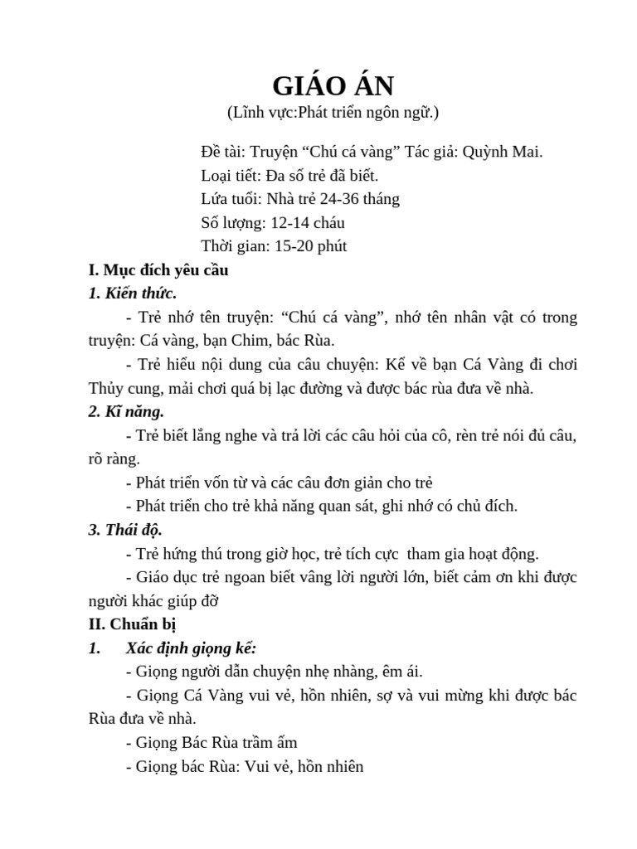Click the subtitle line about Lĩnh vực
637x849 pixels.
point(333,112)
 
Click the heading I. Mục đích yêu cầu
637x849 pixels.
point(158,270)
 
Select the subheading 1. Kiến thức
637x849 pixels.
point(132,294)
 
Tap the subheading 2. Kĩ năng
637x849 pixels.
point(126,411)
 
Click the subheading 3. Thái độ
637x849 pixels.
point(125,530)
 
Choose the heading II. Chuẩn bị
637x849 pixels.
point(132,624)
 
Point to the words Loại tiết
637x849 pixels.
point(228,176)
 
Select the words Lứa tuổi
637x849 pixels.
point(229,199)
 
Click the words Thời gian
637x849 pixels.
point(234,246)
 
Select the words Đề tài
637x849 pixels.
point(223,152)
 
